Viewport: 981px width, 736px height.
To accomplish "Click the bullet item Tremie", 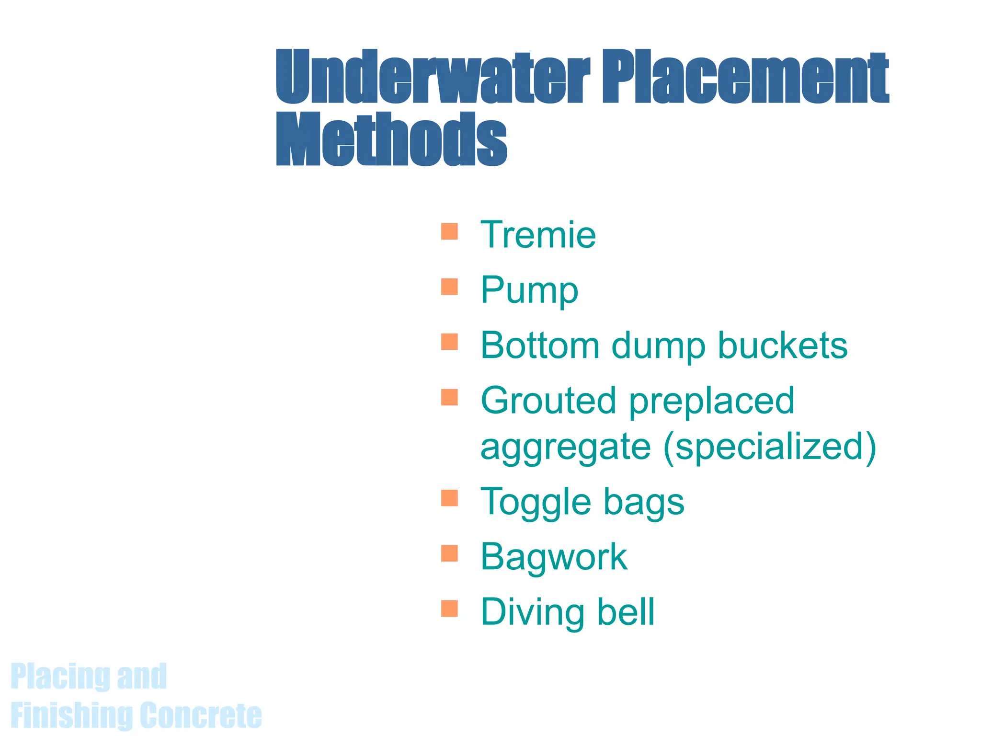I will coord(538,235).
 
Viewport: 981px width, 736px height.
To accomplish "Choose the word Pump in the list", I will coord(529,290).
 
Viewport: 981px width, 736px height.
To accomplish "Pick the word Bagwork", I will coord(554,557).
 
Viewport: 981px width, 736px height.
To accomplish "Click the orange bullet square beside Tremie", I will coord(449,231).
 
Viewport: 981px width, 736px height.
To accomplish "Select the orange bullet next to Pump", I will coord(449,287).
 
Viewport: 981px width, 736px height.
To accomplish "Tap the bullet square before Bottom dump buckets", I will coord(449,342).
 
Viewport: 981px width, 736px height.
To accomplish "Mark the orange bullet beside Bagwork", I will coord(449,553).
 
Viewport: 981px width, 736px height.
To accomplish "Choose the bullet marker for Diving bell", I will coord(449,609).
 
